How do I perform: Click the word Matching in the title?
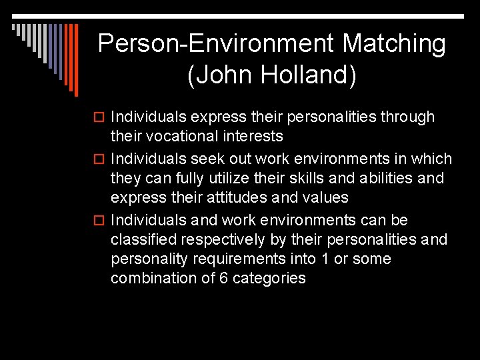point(393,44)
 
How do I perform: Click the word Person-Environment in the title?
point(216,44)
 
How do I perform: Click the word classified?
point(143,239)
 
